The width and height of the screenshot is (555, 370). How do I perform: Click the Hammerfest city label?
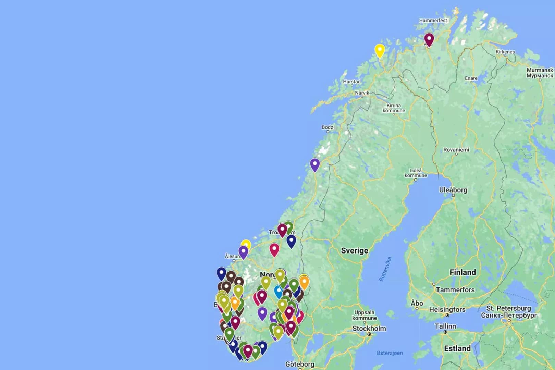[x=433, y=20]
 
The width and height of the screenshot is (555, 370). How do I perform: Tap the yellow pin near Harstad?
[x=379, y=50]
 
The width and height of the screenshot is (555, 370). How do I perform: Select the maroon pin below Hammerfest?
[x=429, y=39]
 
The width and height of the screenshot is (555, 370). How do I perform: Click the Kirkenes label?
[x=505, y=52]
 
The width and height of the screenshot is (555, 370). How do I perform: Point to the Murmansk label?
[x=540, y=73]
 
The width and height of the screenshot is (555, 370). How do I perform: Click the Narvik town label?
[x=362, y=93]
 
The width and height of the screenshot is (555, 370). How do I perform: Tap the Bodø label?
[x=328, y=127]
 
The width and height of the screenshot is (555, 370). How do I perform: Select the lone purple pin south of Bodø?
[x=315, y=164]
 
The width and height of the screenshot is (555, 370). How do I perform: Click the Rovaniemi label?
[x=456, y=150]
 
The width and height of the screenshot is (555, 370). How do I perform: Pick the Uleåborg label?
[x=453, y=190]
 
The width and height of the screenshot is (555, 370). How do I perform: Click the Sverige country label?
[x=355, y=250]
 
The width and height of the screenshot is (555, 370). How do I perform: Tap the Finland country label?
[x=463, y=272]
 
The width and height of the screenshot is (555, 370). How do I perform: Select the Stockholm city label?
[x=369, y=329]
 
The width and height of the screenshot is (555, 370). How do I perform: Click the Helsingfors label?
[x=447, y=310]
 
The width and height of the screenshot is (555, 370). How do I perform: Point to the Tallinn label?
[x=445, y=326]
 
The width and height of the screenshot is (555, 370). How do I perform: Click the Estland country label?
[x=457, y=348]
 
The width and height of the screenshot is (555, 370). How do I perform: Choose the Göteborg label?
[x=299, y=364]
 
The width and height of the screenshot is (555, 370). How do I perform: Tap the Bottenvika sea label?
[x=385, y=269]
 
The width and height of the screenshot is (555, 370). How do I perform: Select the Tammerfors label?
[x=455, y=290]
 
